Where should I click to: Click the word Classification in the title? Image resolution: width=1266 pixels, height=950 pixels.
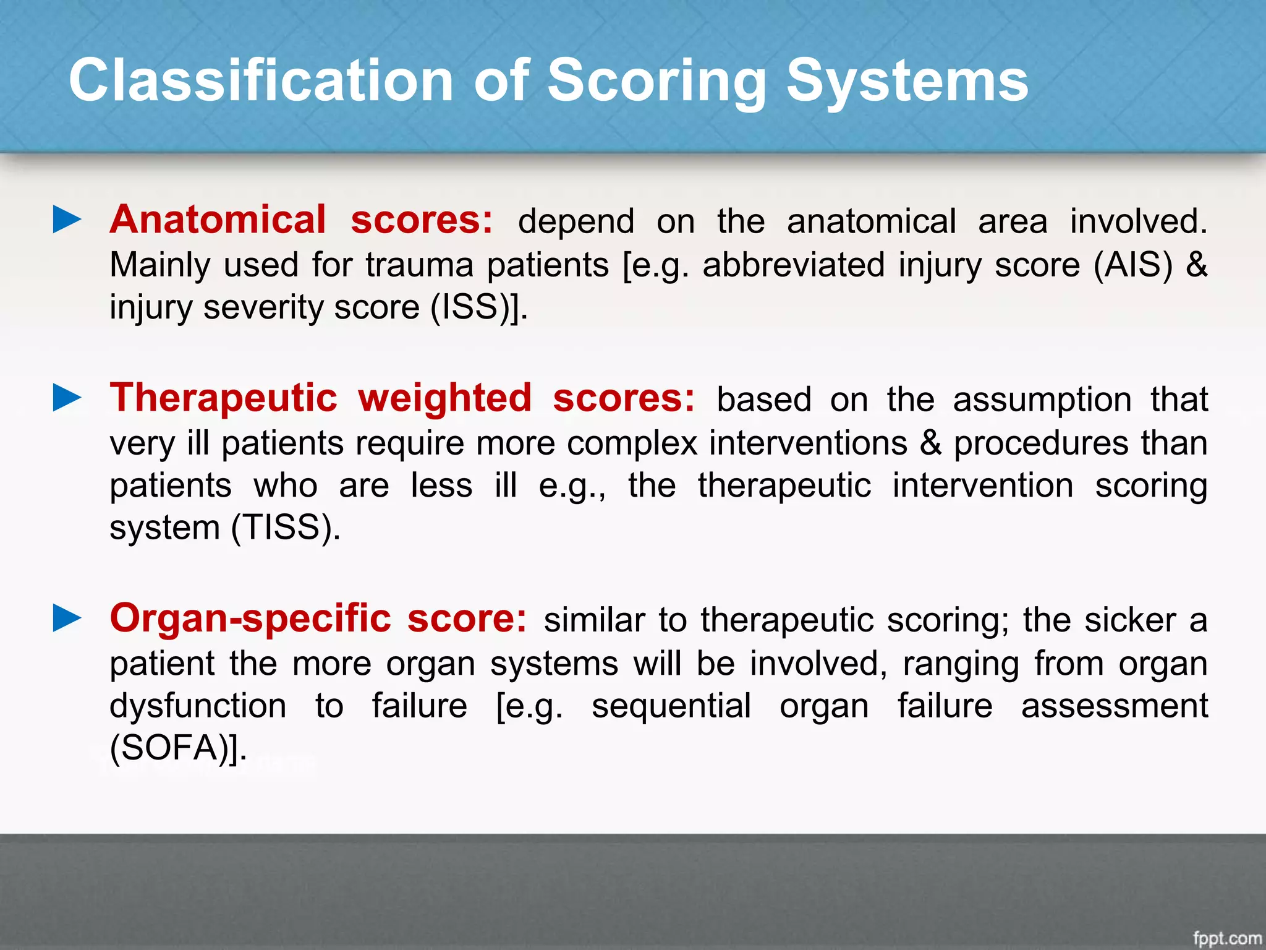[261, 80]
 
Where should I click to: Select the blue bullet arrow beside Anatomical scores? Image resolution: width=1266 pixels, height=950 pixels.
[67, 220]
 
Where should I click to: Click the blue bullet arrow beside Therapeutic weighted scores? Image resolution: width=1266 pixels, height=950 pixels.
[67, 398]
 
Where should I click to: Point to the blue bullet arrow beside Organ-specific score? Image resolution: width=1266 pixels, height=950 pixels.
[67, 618]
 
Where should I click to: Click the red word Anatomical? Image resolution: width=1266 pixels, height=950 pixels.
[218, 220]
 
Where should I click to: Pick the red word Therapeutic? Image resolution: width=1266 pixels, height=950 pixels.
[223, 398]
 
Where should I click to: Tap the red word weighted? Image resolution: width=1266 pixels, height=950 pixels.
[444, 398]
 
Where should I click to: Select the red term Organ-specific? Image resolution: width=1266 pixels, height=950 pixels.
[250, 618]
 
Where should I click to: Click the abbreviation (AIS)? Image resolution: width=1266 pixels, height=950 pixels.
[1132, 265]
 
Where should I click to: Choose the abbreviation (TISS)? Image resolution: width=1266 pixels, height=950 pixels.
[284, 528]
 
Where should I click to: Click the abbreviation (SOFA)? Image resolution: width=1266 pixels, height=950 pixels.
[174, 748]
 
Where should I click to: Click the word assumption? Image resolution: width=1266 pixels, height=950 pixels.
[1042, 399]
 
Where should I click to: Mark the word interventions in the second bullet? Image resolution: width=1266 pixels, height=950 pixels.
[808, 443]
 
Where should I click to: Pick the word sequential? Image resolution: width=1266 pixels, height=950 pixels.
[671, 706]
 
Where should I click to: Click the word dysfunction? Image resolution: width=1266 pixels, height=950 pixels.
[198, 706]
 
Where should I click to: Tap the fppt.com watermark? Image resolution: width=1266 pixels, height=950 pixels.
[1226, 938]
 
